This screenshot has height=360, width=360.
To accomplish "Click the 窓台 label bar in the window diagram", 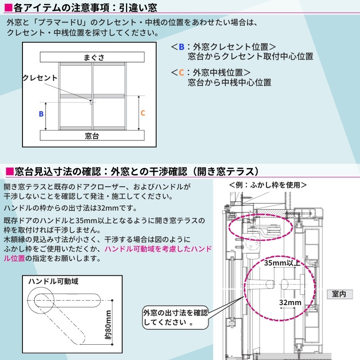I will (92, 136).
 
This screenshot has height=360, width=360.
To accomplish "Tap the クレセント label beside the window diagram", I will (40, 78).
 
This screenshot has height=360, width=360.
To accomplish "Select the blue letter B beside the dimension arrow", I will (41, 114).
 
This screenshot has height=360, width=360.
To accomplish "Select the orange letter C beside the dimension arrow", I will (143, 113).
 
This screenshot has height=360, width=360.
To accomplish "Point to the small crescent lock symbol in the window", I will (90, 102).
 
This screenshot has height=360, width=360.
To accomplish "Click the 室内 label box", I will (340, 294).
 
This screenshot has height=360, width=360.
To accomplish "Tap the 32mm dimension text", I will (290, 302).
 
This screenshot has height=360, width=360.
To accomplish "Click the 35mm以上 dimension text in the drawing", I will (282, 262).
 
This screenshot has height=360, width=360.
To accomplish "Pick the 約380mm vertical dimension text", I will (108, 324).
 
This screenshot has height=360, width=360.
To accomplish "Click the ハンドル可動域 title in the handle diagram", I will (53, 281).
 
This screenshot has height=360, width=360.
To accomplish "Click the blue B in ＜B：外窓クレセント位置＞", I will (181, 47).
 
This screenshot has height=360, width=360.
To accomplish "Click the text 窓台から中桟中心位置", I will (229, 82).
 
